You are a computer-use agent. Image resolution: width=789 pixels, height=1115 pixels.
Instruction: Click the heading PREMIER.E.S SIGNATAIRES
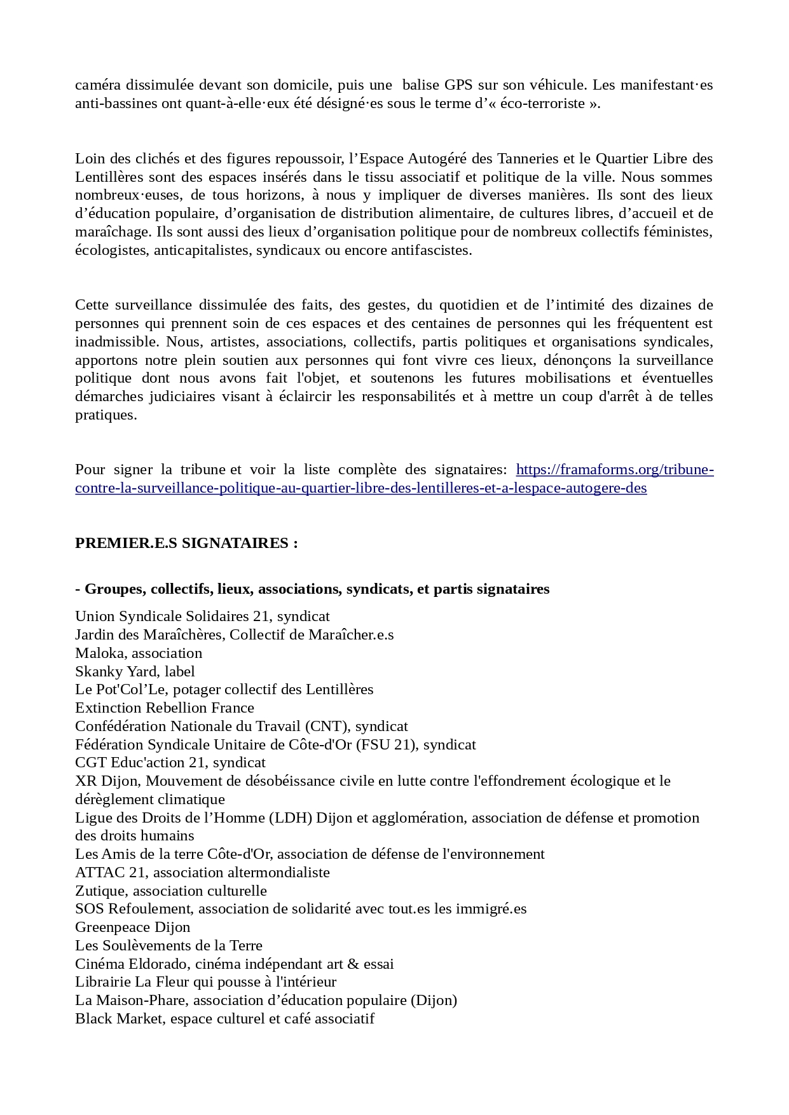(x=186, y=543)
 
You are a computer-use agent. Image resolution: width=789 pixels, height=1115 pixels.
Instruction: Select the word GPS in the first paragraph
(x=458, y=85)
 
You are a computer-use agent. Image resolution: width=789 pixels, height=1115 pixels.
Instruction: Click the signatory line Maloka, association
(x=139, y=653)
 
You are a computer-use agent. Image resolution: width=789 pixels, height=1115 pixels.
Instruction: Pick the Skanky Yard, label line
(x=135, y=671)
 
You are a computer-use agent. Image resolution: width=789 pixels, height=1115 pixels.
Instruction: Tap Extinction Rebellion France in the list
(x=165, y=708)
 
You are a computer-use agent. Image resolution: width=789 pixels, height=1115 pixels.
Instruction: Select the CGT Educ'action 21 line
(x=170, y=762)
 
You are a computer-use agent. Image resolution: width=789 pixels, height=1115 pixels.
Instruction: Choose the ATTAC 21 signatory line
(x=202, y=872)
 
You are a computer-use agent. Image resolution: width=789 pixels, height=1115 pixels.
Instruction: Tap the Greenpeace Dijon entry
(x=133, y=927)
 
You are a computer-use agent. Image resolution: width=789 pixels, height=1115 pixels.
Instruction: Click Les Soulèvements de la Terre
(x=168, y=945)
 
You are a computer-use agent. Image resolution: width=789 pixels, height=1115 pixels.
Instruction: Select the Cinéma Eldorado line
(x=235, y=964)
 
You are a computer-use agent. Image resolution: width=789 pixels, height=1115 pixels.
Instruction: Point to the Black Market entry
(x=224, y=1018)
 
